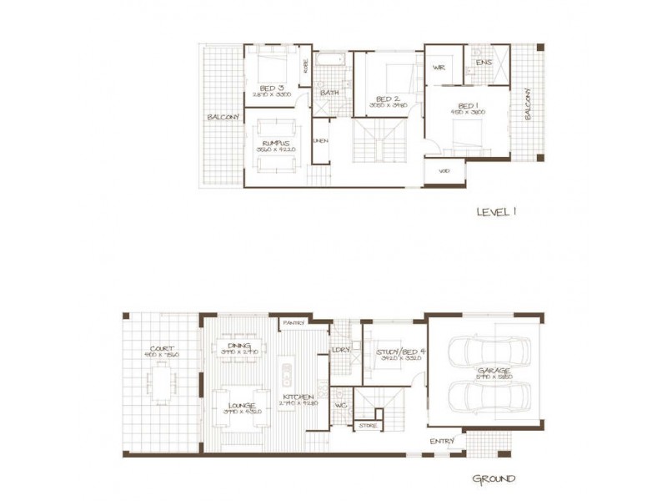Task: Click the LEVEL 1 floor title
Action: point(496,212)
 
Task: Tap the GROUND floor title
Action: point(494,479)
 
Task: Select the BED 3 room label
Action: point(272,88)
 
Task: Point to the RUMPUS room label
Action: point(276,144)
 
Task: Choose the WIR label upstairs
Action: point(439,68)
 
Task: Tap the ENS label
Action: point(483,63)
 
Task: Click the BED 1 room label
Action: point(466,105)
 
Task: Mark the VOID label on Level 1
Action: point(444,171)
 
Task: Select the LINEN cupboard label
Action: point(321,140)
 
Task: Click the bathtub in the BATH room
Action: point(331,62)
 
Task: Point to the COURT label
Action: point(162,348)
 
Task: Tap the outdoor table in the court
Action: point(162,387)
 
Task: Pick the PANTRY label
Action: point(293,322)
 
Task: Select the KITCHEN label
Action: point(297,397)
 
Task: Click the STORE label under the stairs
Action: point(368,426)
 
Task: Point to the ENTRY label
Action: point(441,441)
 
